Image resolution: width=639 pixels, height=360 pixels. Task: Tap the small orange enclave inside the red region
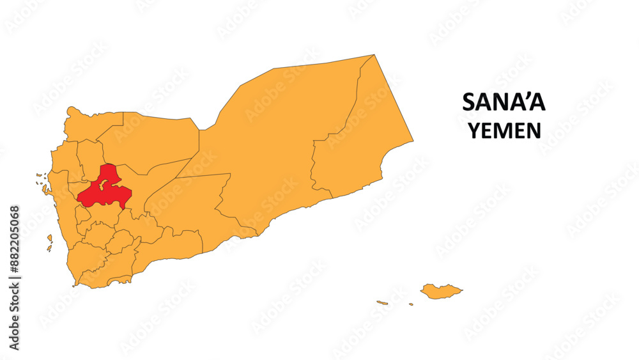[x=104, y=184]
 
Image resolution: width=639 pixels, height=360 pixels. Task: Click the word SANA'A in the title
[x=504, y=103]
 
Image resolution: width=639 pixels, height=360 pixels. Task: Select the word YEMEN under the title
[x=504, y=130]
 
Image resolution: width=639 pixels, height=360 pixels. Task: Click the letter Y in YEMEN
[x=474, y=130]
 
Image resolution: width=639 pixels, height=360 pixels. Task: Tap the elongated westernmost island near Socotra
[x=382, y=302]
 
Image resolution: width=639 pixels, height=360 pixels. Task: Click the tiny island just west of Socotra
[x=411, y=304]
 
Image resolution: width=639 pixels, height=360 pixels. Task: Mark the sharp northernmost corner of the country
[x=374, y=55]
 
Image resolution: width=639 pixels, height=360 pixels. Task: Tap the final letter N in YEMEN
[x=534, y=130]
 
